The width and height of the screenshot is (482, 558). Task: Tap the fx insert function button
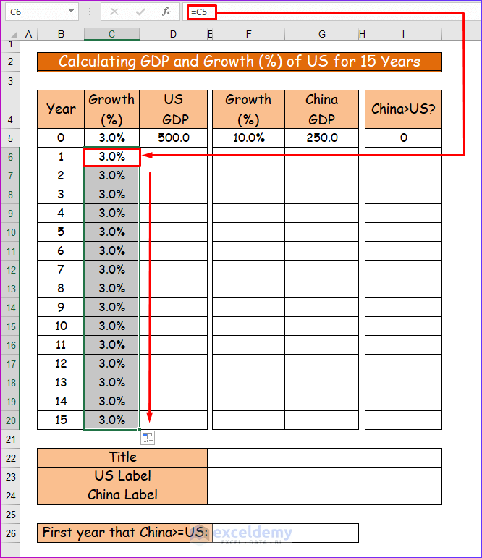(166, 12)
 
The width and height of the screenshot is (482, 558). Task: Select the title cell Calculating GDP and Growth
(239, 62)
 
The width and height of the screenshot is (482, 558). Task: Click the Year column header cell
(61, 109)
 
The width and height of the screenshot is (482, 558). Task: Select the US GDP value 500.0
(173, 138)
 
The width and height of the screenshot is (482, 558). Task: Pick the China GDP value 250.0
(321, 138)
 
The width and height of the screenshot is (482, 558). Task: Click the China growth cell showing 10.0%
(248, 138)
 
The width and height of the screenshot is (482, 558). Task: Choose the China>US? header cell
(402, 109)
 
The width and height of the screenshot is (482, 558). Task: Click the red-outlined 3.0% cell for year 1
(111, 156)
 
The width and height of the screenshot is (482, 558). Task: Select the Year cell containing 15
(61, 420)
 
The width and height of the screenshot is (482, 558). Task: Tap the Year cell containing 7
(61, 269)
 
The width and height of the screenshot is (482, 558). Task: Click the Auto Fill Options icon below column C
(148, 437)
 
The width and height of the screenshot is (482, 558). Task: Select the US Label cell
(122, 476)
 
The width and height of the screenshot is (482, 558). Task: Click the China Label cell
(122, 495)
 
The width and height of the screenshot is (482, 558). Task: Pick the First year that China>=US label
(122, 533)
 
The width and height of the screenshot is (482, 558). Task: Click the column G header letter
(321, 34)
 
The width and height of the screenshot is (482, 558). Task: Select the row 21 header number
(11, 439)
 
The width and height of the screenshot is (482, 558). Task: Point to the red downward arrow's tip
(150, 420)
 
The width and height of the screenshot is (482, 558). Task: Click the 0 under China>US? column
(402, 138)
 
